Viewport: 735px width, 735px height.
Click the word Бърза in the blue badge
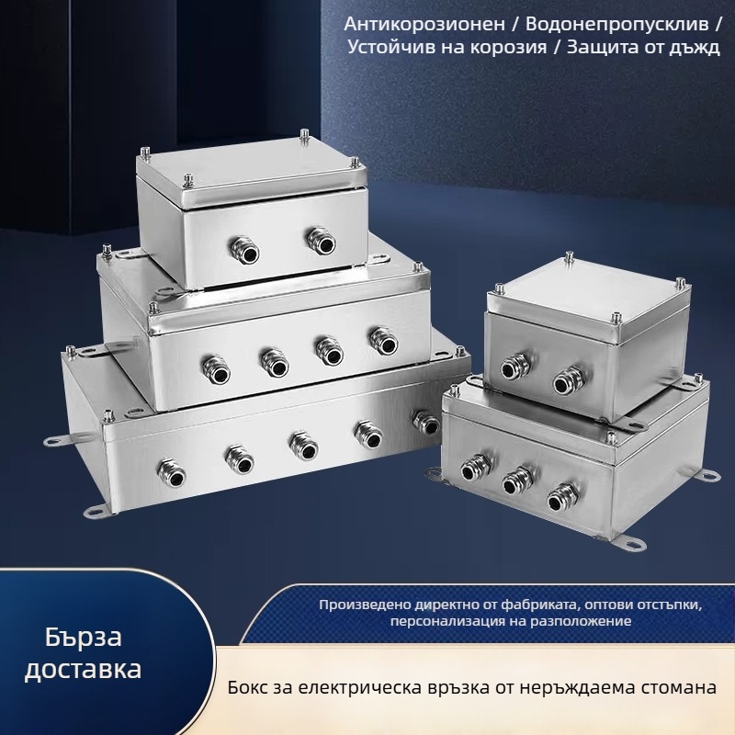(83, 636)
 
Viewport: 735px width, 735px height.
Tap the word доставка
(83, 669)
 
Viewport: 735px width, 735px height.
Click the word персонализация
(445, 622)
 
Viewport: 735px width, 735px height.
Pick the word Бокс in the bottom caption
(251, 687)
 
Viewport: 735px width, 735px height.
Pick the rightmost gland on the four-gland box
(379, 340)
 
